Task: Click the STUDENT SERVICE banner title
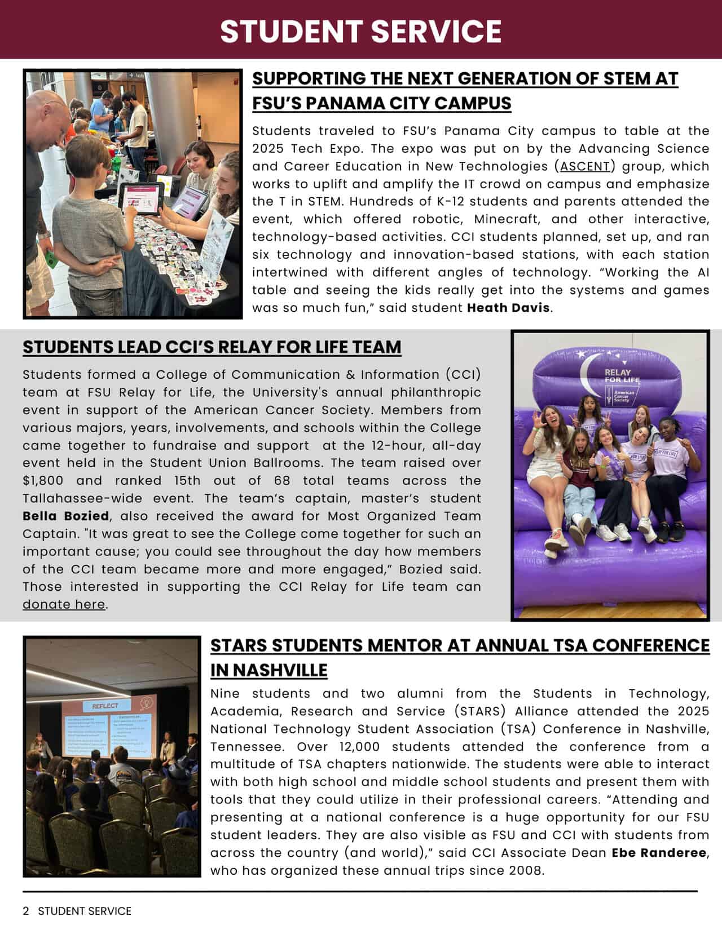360,31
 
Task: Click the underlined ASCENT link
585,166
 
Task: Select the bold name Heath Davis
508,308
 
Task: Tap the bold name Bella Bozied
66,516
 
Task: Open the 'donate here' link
64,604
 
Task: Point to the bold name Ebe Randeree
659,852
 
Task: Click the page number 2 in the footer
26,911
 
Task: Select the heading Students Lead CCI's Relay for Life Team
212,347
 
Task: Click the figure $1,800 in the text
43,480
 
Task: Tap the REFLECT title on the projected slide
105,706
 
